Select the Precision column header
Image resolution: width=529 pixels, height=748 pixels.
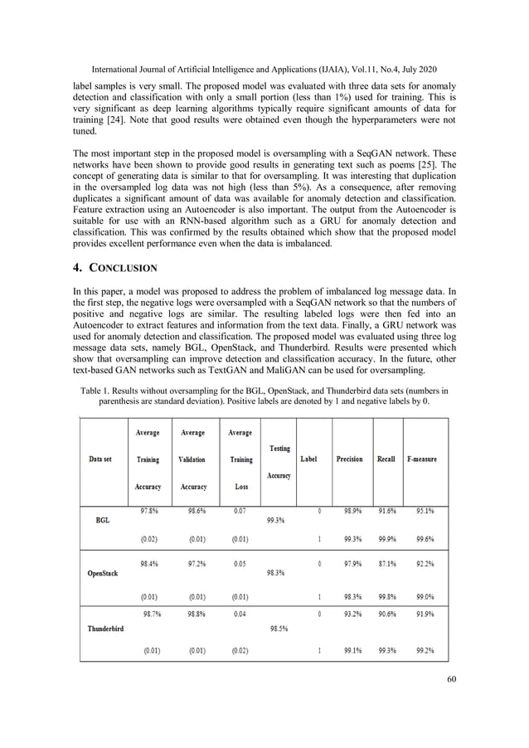[x=349, y=459]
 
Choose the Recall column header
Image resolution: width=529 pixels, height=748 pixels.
[x=386, y=459]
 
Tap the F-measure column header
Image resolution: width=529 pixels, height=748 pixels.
[x=421, y=459]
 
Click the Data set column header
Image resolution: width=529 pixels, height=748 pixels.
[x=102, y=459]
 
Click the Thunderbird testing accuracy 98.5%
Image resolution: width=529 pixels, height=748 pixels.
[x=280, y=628]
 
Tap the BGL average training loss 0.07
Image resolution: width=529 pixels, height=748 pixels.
[x=240, y=511]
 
